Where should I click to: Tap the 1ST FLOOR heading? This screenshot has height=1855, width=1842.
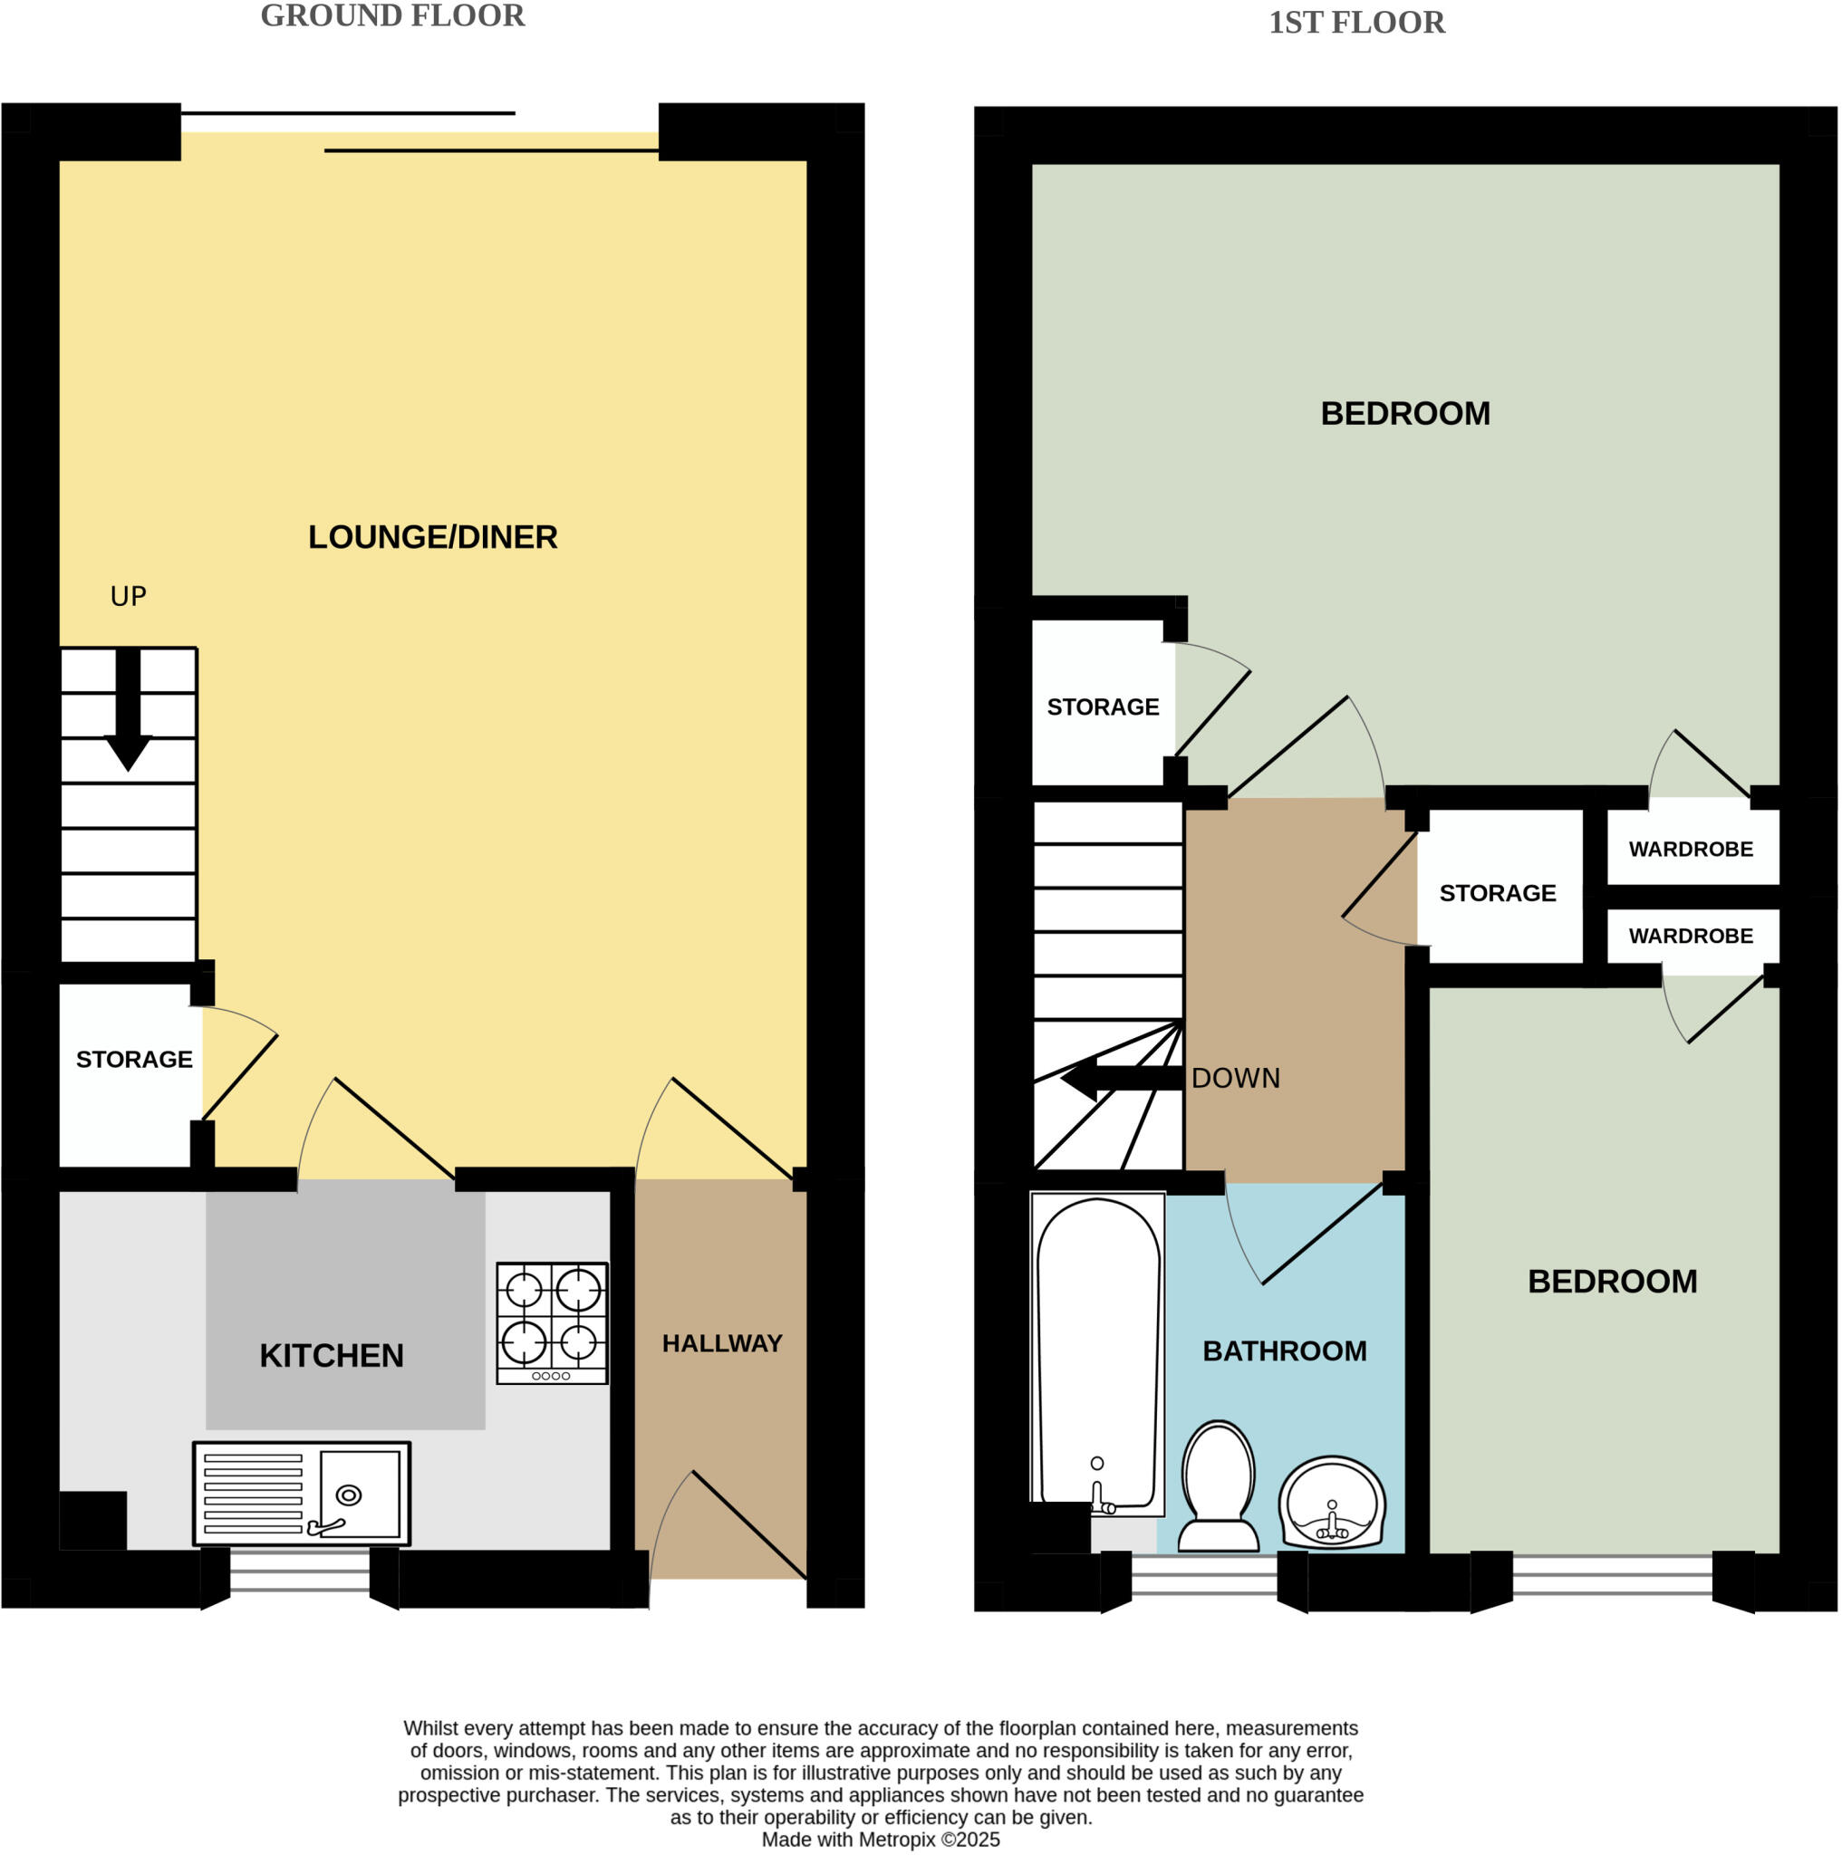pos(1355,23)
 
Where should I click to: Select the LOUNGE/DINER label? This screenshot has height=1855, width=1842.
pos(432,537)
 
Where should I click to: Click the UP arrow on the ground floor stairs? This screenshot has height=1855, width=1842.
pos(128,709)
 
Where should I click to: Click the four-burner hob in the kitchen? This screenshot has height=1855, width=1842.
pos(551,1322)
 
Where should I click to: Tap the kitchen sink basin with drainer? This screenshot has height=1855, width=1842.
pos(302,1493)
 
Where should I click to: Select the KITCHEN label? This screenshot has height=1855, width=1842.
pos(332,1356)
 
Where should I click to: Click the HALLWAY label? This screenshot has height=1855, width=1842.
pos(721,1343)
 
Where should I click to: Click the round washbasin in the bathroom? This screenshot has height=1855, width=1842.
pos(1331,1504)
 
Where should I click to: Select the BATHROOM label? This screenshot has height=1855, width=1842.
pos(1284,1350)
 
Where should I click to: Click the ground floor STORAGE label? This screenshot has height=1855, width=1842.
pos(134,1059)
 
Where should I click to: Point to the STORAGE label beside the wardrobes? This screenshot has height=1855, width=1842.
pos(1496,893)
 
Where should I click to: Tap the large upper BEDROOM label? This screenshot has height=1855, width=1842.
pos(1404,414)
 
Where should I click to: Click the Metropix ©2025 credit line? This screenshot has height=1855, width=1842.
pos(880,1840)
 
